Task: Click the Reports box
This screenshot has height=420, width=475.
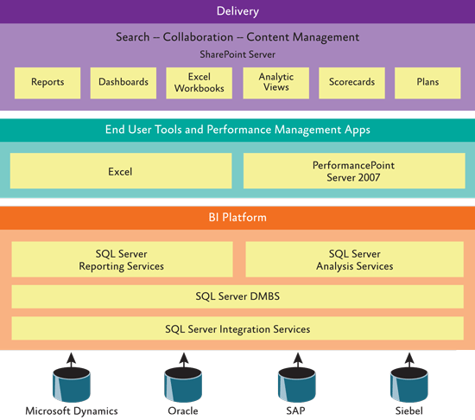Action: (x=47, y=83)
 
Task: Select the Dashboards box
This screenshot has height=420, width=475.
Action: (x=123, y=83)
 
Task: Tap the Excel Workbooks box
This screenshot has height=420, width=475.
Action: (x=199, y=83)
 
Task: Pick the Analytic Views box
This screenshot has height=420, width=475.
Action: (x=276, y=83)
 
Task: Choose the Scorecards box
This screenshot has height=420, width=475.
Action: (x=351, y=83)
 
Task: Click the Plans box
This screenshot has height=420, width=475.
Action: (x=427, y=83)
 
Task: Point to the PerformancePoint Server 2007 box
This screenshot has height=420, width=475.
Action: (x=354, y=171)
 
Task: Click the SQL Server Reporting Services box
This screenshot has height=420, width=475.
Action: (x=122, y=259)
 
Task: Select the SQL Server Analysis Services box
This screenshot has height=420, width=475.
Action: (x=354, y=259)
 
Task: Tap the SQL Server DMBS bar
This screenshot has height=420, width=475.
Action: (x=237, y=296)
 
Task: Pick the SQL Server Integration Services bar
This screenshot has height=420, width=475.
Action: (x=237, y=328)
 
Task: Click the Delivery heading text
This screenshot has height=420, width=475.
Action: (x=237, y=11)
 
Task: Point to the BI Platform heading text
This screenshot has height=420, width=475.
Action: (x=237, y=217)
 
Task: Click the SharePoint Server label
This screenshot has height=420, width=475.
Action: (x=237, y=54)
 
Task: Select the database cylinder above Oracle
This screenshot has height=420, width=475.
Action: (x=183, y=385)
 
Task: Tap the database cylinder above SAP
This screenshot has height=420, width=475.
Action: (x=297, y=385)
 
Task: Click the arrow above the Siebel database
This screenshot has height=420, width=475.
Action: (x=409, y=360)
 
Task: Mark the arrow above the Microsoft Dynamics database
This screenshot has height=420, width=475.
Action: (x=72, y=360)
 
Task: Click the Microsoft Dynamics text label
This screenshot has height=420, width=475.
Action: (x=72, y=411)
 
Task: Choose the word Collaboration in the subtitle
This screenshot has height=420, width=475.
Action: (x=198, y=37)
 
